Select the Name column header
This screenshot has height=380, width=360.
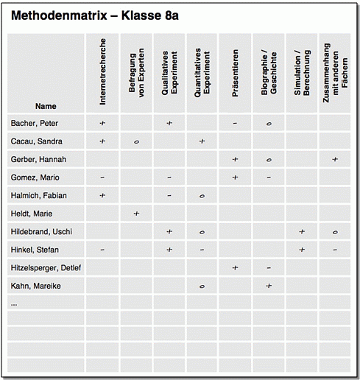click(46, 106)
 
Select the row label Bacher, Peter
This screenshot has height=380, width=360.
click(35, 123)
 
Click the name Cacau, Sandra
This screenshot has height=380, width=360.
click(36, 141)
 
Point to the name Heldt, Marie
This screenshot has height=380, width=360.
click(32, 214)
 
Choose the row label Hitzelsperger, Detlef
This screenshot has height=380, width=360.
click(46, 267)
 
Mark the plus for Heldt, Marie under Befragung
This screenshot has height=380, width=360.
click(136, 214)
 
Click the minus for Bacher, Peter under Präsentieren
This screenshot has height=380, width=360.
click(235, 123)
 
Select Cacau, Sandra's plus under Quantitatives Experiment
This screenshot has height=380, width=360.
click(202, 141)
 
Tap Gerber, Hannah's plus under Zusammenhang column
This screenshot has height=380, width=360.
click(335, 159)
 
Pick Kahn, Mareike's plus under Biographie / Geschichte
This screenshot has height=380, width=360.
click(269, 285)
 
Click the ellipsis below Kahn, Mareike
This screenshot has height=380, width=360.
click(14, 303)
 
